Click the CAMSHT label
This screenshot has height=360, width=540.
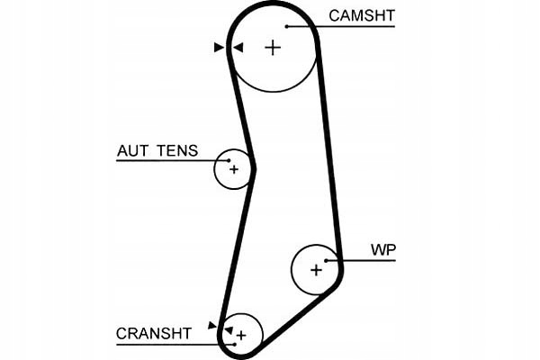click(x=362, y=15)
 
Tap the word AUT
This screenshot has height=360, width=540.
click(x=132, y=151)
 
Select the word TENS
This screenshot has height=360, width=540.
click(x=176, y=151)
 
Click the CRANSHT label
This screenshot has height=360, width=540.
click(x=154, y=334)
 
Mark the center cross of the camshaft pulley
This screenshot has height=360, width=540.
click(x=273, y=48)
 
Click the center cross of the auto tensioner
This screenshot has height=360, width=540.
click(x=234, y=168)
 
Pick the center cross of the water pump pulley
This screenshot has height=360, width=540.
click(x=316, y=269)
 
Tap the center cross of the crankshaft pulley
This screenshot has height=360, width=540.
click(x=240, y=335)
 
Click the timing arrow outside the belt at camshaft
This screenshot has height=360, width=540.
click(x=219, y=48)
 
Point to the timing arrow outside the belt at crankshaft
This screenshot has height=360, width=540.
click(x=212, y=324)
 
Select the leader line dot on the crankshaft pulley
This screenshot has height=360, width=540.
click(x=231, y=343)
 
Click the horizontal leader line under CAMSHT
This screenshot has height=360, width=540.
click(x=351, y=26)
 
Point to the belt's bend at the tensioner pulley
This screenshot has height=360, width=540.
click(x=253, y=167)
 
